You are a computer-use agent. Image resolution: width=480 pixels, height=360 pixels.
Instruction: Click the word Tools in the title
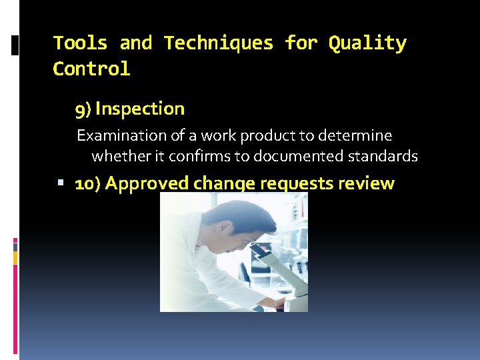click(x=80, y=43)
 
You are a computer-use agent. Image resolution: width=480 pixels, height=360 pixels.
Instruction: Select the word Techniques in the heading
click(x=219, y=43)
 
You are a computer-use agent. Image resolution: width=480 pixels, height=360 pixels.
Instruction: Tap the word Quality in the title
click(x=367, y=43)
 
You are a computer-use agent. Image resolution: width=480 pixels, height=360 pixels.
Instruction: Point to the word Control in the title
click(x=91, y=69)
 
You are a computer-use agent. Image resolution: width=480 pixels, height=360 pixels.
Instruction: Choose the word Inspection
click(x=140, y=109)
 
